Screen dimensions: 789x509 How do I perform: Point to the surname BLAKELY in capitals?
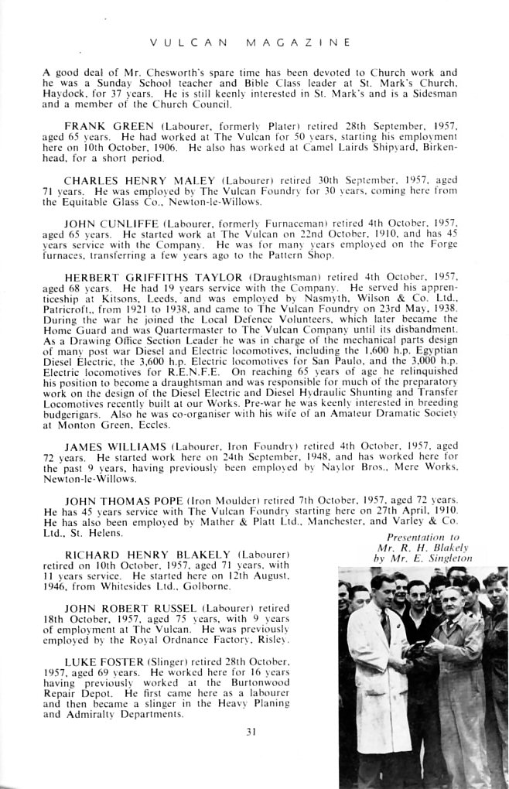point(199,554)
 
